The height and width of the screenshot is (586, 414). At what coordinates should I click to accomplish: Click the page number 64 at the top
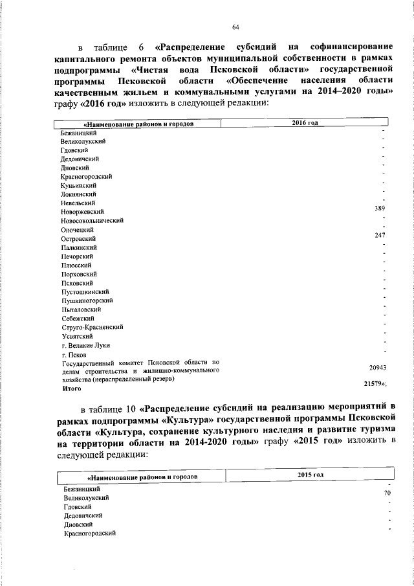[x=235, y=27]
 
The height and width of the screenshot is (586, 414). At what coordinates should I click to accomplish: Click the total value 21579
[x=376, y=384]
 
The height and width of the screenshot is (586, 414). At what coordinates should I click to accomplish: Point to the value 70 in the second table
[x=387, y=493]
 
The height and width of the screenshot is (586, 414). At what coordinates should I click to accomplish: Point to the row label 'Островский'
[x=78, y=238]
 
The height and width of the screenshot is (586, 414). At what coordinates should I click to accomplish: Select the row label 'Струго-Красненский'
[x=92, y=328]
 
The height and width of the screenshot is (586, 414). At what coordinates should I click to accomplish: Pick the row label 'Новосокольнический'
[x=92, y=220]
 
